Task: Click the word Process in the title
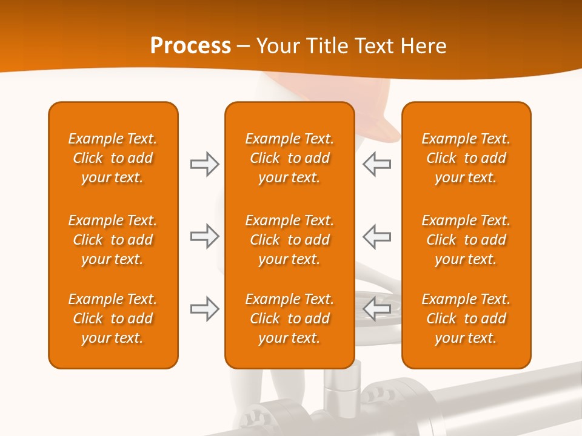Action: click(x=190, y=46)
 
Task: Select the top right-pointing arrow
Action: click(x=204, y=164)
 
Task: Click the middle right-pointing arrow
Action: click(x=204, y=236)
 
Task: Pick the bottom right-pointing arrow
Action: click(x=204, y=309)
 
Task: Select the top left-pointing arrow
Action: click(x=376, y=164)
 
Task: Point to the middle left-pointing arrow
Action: click(x=376, y=236)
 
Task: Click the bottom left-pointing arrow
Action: click(x=376, y=309)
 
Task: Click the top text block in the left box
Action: click(x=113, y=158)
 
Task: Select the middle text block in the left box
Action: click(x=113, y=240)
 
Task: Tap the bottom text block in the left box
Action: click(x=113, y=319)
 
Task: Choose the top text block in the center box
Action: click(x=289, y=158)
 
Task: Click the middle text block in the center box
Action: click(x=289, y=240)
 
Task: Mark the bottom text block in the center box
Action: click(x=289, y=319)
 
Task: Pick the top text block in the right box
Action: click(x=466, y=158)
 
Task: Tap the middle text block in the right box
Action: click(x=466, y=240)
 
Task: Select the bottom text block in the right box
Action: click(x=466, y=319)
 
